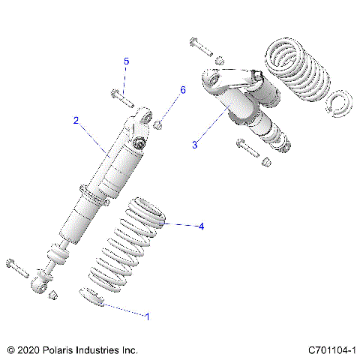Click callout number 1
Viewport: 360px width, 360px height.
click(x=147, y=316)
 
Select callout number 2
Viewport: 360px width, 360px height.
click(x=76, y=120)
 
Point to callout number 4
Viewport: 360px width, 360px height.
click(x=199, y=226)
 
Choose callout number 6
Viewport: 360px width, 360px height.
click(x=181, y=90)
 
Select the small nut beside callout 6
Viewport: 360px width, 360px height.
click(x=160, y=122)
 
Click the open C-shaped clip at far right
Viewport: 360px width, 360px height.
click(x=337, y=102)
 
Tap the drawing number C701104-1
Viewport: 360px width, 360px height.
click(x=331, y=349)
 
